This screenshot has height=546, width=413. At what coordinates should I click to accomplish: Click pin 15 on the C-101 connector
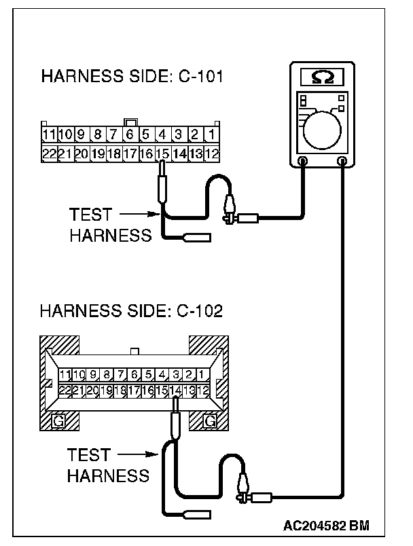click(x=162, y=153)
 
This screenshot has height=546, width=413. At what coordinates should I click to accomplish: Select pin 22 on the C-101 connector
click(x=49, y=153)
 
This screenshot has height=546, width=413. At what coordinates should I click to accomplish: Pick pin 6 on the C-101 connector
click(x=128, y=134)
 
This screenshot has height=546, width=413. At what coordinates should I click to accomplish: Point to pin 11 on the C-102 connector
click(x=65, y=374)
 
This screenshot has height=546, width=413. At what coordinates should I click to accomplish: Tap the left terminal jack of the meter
click(x=303, y=162)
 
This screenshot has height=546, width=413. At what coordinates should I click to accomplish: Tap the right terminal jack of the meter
click(x=342, y=162)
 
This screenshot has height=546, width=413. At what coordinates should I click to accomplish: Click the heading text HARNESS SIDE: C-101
click(x=132, y=75)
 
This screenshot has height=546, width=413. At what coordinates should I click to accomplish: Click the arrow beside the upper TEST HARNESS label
click(x=140, y=215)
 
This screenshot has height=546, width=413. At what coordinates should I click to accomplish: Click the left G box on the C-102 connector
click(x=59, y=422)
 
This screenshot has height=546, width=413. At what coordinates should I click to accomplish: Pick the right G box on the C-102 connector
click(x=210, y=422)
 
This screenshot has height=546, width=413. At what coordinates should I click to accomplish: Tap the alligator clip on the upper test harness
click(x=229, y=204)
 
